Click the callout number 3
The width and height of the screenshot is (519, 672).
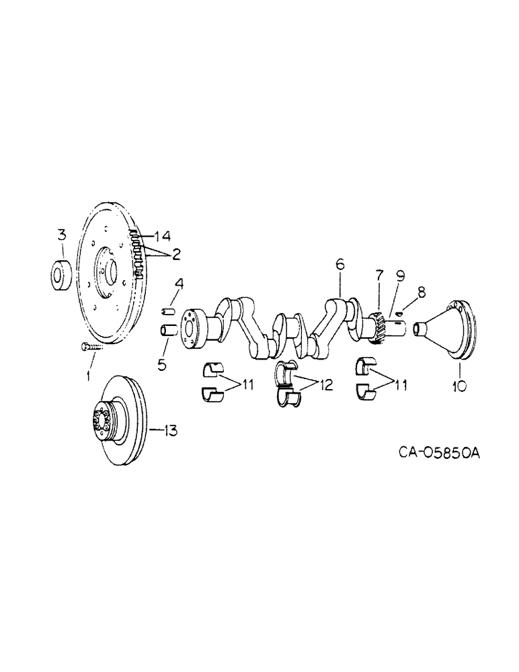coord(61,235)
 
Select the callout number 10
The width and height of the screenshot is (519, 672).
coord(459,387)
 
